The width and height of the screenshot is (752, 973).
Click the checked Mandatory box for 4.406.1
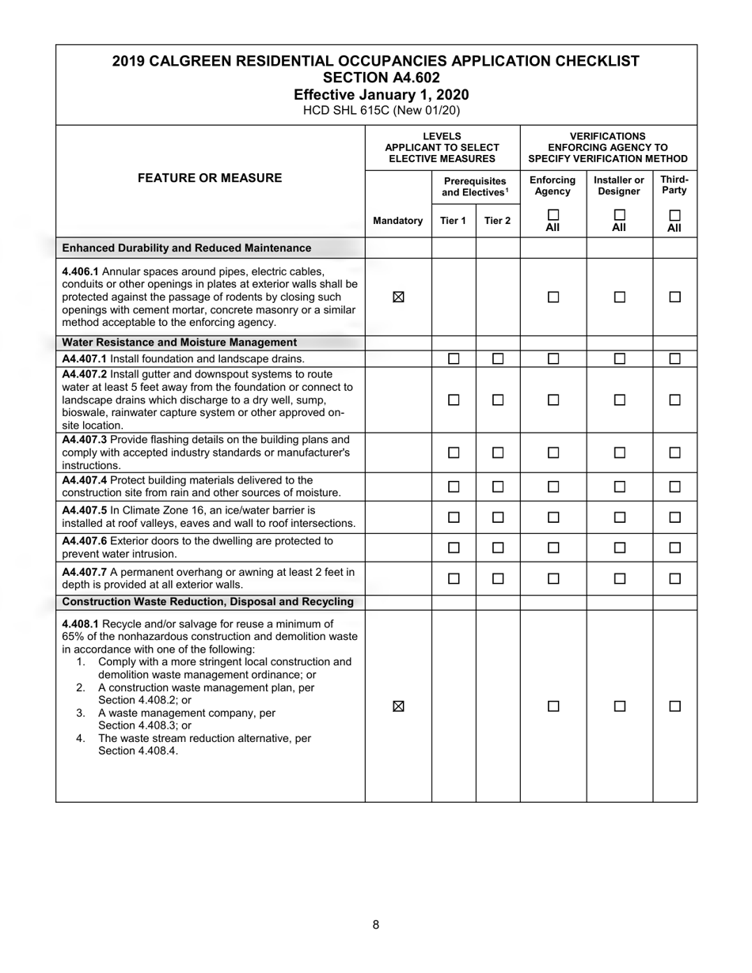pyautogui.click(x=398, y=297)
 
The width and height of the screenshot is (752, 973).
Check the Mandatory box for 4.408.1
pyautogui.click(x=398, y=706)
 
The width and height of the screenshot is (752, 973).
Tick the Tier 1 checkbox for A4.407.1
pyautogui.click(x=454, y=359)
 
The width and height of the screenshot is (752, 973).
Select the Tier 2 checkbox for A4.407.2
pyautogui.click(x=498, y=400)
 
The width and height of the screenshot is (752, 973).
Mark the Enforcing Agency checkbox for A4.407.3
pyautogui.click(x=553, y=453)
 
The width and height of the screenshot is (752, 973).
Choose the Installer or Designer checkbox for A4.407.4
pyautogui.click(x=620, y=486)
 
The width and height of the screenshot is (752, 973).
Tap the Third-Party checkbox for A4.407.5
pyautogui.click(x=674, y=517)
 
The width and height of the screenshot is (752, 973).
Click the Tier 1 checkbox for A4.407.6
pyautogui.click(x=454, y=547)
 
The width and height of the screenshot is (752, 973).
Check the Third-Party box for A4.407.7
pyautogui.click(x=674, y=578)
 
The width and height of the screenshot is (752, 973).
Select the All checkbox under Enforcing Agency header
pyautogui.click(x=553, y=215)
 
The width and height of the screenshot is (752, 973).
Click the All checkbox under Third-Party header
pyautogui.click(x=674, y=215)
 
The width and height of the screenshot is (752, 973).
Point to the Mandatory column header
pyautogui.click(x=397, y=221)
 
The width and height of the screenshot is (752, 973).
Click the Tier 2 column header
pyautogui.click(x=497, y=221)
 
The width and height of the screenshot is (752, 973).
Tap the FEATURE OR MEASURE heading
pyautogui.click(x=210, y=178)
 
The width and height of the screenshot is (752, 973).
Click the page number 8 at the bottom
pyautogui.click(x=376, y=925)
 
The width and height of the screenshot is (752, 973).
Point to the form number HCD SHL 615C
pyautogui.click(x=381, y=111)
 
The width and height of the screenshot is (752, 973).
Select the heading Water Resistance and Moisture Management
pyautogui.click(x=180, y=343)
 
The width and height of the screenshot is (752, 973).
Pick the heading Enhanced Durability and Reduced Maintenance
pyautogui.click(x=187, y=248)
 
